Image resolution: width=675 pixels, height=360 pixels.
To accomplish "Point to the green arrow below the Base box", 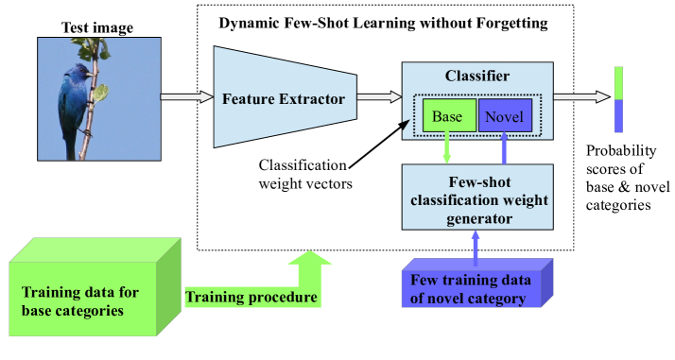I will pyautogui.click(x=447, y=150).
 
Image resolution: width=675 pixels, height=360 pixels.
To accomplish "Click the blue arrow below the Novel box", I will pyautogui.click(x=504, y=150).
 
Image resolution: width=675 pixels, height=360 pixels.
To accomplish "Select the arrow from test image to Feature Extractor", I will pyautogui.click(x=186, y=95).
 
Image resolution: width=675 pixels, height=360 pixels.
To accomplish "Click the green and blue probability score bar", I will pyautogui.click(x=618, y=98).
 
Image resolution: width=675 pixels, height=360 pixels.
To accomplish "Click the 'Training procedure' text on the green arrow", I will pyautogui.click(x=251, y=298).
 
